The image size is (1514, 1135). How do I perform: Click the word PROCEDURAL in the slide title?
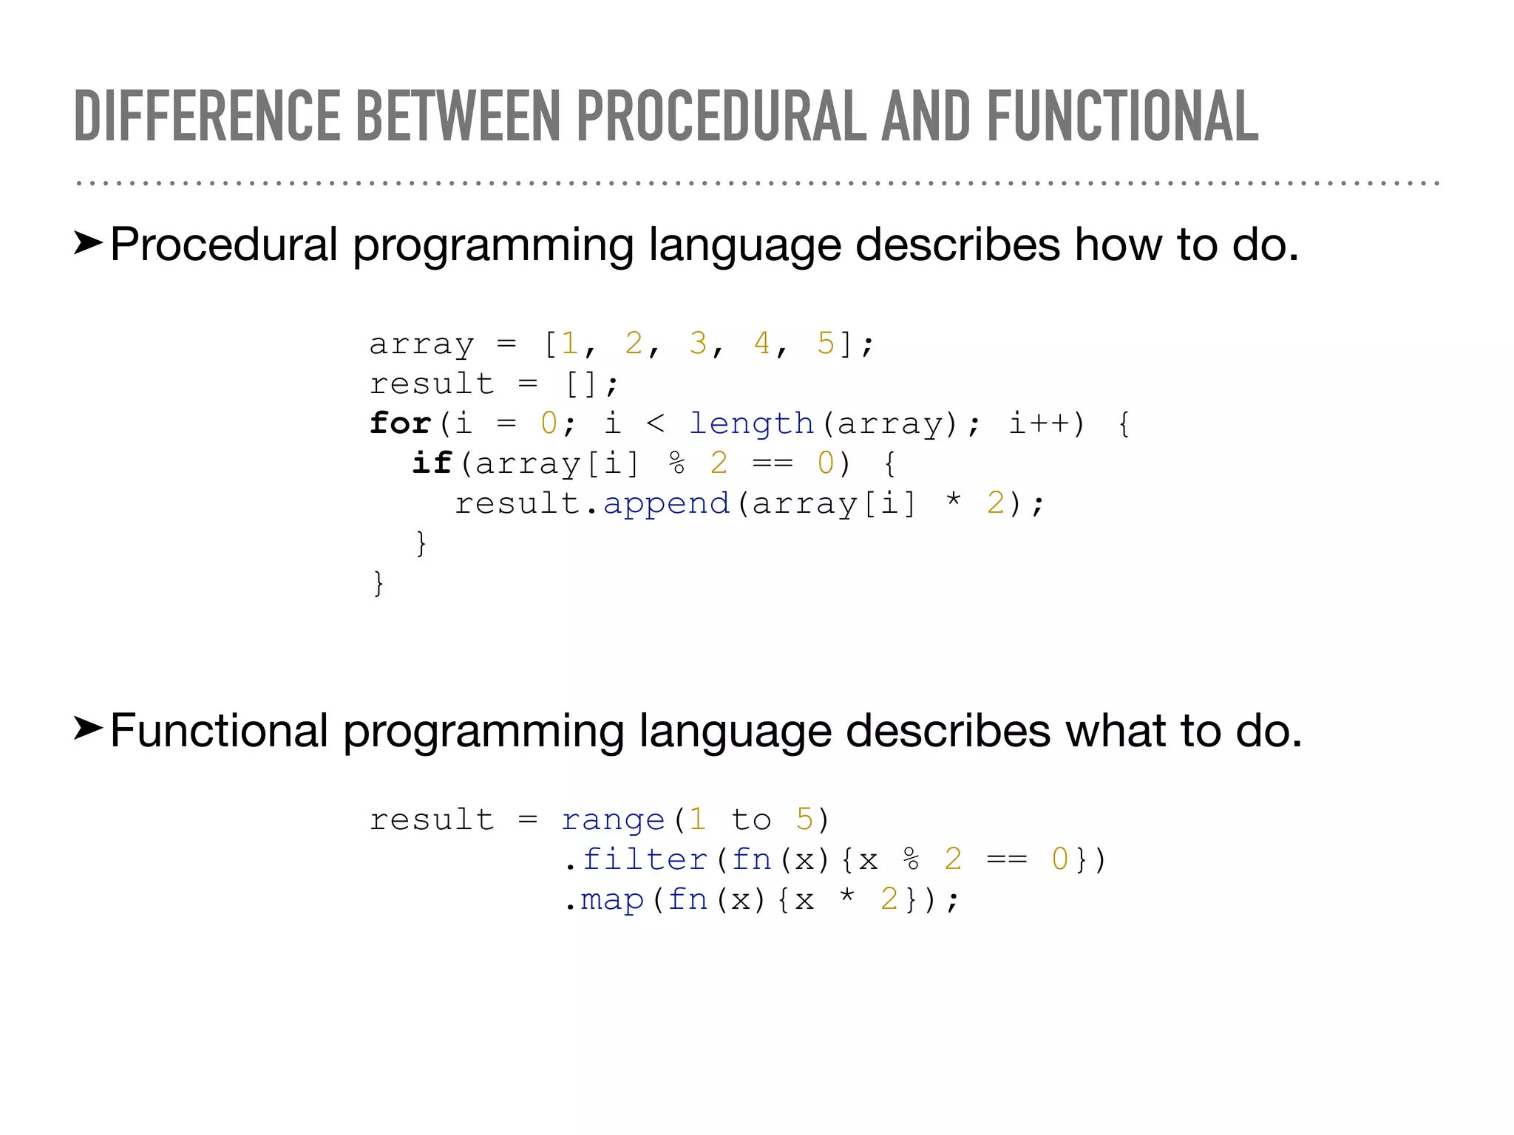click(x=721, y=116)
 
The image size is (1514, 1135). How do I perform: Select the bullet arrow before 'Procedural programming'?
click(x=88, y=243)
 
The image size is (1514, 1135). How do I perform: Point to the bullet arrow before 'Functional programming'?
click(x=88, y=729)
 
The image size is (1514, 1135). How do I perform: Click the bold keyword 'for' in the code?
click(x=400, y=423)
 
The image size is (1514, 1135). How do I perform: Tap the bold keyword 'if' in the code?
click(x=432, y=463)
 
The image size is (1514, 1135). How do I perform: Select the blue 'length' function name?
click(x=751, y=423)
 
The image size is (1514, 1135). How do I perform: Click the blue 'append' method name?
click(x=666, y=503)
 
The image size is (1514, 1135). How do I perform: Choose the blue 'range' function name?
click(x=613, y=820)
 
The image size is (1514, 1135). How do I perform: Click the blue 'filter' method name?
click(x=645, y=859)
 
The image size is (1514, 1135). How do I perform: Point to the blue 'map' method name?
click(x=613, y=900)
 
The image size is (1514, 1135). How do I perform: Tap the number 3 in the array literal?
click(x=698, y=343)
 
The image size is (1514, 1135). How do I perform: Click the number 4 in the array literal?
click(x=762, y=343)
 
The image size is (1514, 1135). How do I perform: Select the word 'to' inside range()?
click(x=751, y=819)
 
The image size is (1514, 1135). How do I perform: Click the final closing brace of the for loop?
click(x=378, y=583)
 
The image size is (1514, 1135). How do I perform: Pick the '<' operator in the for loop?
click(x=656, y=423)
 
